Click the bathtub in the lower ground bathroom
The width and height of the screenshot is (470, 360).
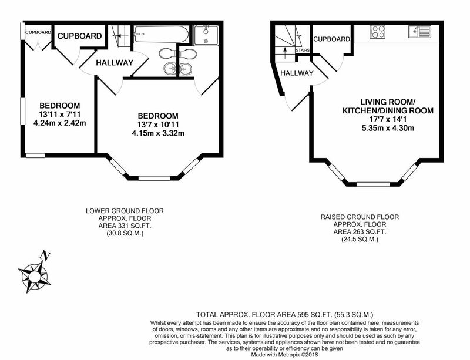pyautogui.click(x=161, y=35)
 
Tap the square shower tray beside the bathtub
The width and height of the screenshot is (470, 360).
pyautogui.click(x=206, y=35)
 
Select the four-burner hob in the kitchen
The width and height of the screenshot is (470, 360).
pyautogui.click(x=377, y=32)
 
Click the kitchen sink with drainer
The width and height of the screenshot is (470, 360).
pyautogui.click(x=419, y=32)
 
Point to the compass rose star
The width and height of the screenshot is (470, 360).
pyautogui.click(x=34, y=276)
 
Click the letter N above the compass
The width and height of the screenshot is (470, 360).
pyautogui.click(x=45, y=255)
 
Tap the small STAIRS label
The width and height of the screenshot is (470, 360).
pyautogui.click(x=303, y=51)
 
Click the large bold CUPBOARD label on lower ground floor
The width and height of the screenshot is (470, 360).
pyautogui.click(x=79, y=36)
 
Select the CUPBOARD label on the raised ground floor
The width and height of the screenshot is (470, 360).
pyautogui.click(x=331, y=39)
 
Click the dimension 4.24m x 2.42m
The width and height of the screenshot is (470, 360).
pyautogui.click(x=60, y=123)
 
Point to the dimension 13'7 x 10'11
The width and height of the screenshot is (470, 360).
pyautogui.click(x=158, y=125)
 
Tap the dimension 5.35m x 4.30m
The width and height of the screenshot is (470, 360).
pyautogui.click(x=388, y=128)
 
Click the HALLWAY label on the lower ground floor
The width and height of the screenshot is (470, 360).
pyautogui.click(x=115, y=63)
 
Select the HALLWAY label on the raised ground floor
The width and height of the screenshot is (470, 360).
pyautogui.click(x=297, y=73)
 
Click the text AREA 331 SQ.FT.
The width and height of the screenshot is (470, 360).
pyautogui.click(x=125, y=226)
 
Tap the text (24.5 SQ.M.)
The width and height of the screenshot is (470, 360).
pyautogui.click(x=360, y=239)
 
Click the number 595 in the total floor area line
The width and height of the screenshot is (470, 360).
pyautogui.click(x=303, y=315)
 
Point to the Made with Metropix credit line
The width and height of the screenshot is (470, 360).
pyautogui.click(x=284, y=355)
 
